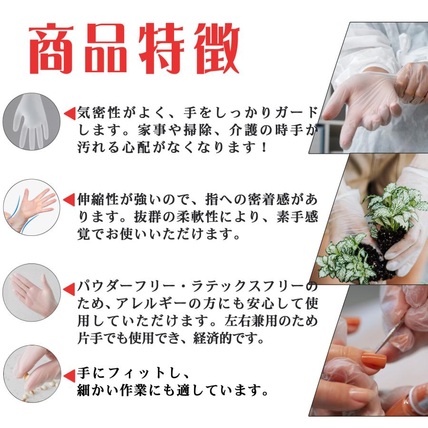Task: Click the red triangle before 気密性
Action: point(69,113)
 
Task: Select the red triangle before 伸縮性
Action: point(69,199)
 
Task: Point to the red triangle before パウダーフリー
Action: point(69,288)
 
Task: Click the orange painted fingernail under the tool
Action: point(373,360)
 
